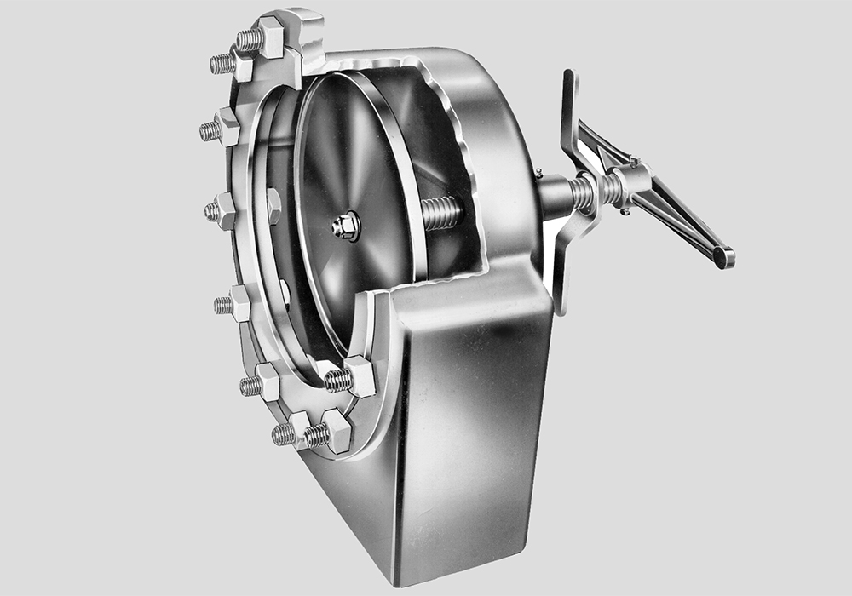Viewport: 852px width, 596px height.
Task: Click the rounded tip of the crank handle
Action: (x=723, y=256)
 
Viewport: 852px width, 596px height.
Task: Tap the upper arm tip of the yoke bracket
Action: (x=568, y=81)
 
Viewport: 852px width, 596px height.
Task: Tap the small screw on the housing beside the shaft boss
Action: (x=538, y=174)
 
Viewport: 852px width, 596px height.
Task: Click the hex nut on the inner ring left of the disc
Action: (x=273, y=205)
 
